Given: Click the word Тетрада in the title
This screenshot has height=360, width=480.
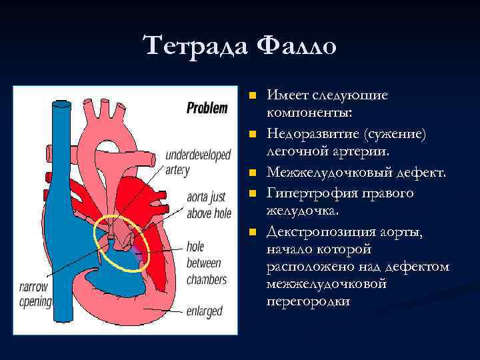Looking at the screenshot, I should (194, 46).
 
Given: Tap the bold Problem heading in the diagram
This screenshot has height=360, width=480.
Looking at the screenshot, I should (207, 108).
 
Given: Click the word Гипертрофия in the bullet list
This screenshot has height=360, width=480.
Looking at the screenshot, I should (307, 193).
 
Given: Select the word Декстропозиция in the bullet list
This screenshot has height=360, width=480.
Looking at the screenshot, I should (319, 231).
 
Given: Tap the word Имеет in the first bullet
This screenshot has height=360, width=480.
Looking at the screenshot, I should (287, 95).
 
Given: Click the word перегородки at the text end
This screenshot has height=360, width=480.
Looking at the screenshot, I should (307, 302).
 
